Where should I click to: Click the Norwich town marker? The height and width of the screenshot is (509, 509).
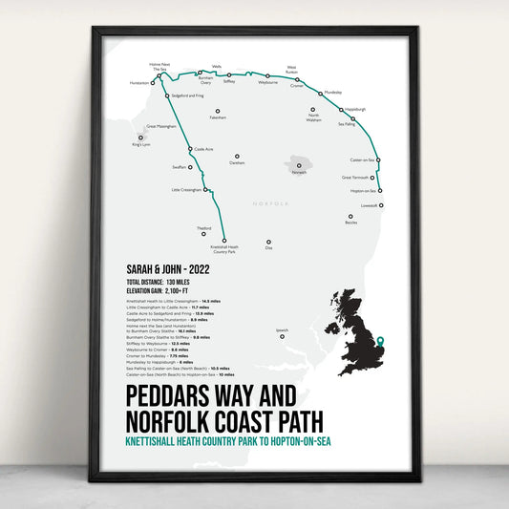300,164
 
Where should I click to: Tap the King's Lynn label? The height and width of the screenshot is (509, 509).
142,145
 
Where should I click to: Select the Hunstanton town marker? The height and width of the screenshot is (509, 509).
153,83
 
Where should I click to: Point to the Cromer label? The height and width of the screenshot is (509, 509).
297,86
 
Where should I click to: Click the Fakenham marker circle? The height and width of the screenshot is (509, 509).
218,112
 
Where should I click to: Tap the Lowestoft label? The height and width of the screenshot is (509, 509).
370,205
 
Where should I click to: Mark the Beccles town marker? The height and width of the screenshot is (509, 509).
351,216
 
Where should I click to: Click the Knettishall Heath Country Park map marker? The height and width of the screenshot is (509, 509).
225,240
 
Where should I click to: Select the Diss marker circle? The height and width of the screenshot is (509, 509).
268,242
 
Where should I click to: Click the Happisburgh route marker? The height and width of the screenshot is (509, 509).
341,110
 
